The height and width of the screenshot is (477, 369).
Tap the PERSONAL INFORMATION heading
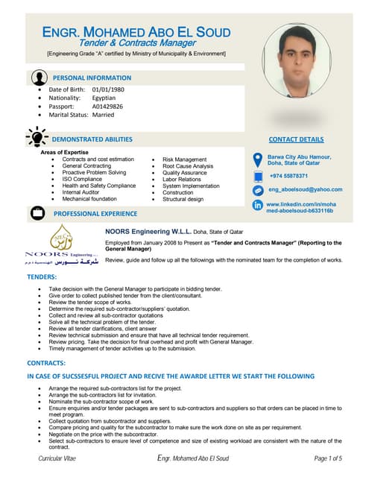[x=92, y=77]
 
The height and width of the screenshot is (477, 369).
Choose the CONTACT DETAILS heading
[x=296, y=139]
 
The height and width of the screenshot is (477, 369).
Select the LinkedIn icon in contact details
[x=258, y=205]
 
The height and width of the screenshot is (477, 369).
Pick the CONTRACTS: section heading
[x=47, y=363]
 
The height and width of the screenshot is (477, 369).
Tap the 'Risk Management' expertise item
[x=184, y=159]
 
